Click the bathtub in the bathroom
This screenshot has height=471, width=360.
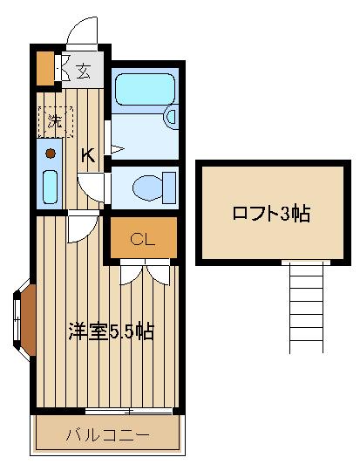click(x=145, y=89)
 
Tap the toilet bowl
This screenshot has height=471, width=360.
click(x=147, y=188)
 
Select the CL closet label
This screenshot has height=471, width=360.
click(x=142, y=239)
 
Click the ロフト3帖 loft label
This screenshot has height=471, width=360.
click(x=271, y=214)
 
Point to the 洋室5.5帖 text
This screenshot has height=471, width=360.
click(x=112, y=331)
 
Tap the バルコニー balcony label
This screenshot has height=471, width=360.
click(x=107, y=435)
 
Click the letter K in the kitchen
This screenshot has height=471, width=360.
click(x=89, y=156)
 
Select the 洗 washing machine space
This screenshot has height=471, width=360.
click(x=56, y=121)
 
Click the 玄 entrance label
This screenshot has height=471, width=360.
click(x=83, y=72)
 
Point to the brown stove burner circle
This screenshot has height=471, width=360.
click(x=51, y=154)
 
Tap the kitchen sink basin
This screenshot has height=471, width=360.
click(x=50, y=187)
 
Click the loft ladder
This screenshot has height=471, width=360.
click(x=306, y=307)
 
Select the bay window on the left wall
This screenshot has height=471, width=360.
click(x=24, y=320)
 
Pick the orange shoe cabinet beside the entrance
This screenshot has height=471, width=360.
click(x=45, y=69)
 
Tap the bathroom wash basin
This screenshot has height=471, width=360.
click(x=171, y=117)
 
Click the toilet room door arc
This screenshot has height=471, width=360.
click(x=91, y=188)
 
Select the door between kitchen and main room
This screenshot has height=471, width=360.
click(x=83, y=227)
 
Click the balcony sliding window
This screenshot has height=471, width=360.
click(x=128, y=411)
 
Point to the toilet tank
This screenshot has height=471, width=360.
click(x=169, y=188)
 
